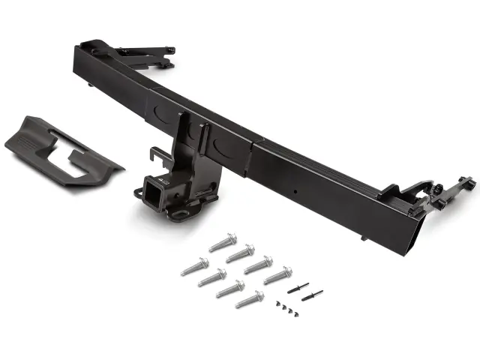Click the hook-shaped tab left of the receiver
pos(157,155)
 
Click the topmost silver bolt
pos(223,243)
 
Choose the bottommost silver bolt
pos(249,300)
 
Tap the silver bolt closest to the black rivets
pos(277,275)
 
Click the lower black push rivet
pos(311,295)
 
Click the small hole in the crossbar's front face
pos(295,190)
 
